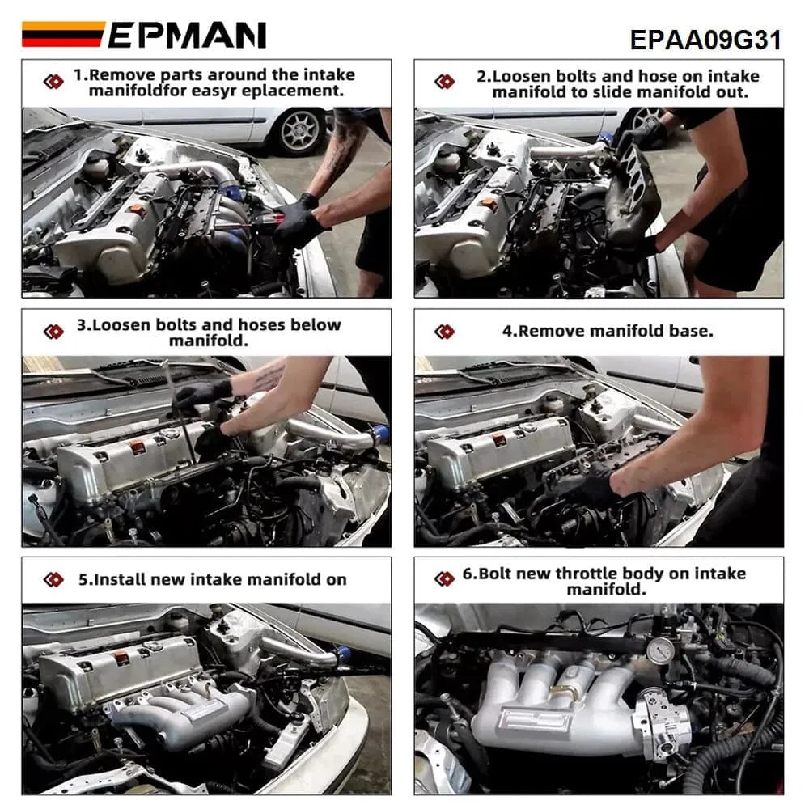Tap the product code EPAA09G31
point(705,40)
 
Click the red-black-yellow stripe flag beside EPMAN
point(62,33)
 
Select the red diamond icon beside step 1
point(53,82)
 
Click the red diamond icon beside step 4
point(444,332)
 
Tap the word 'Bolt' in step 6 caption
point(495,574)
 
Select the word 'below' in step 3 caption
point(314,325)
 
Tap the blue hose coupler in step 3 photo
point(381,434)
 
